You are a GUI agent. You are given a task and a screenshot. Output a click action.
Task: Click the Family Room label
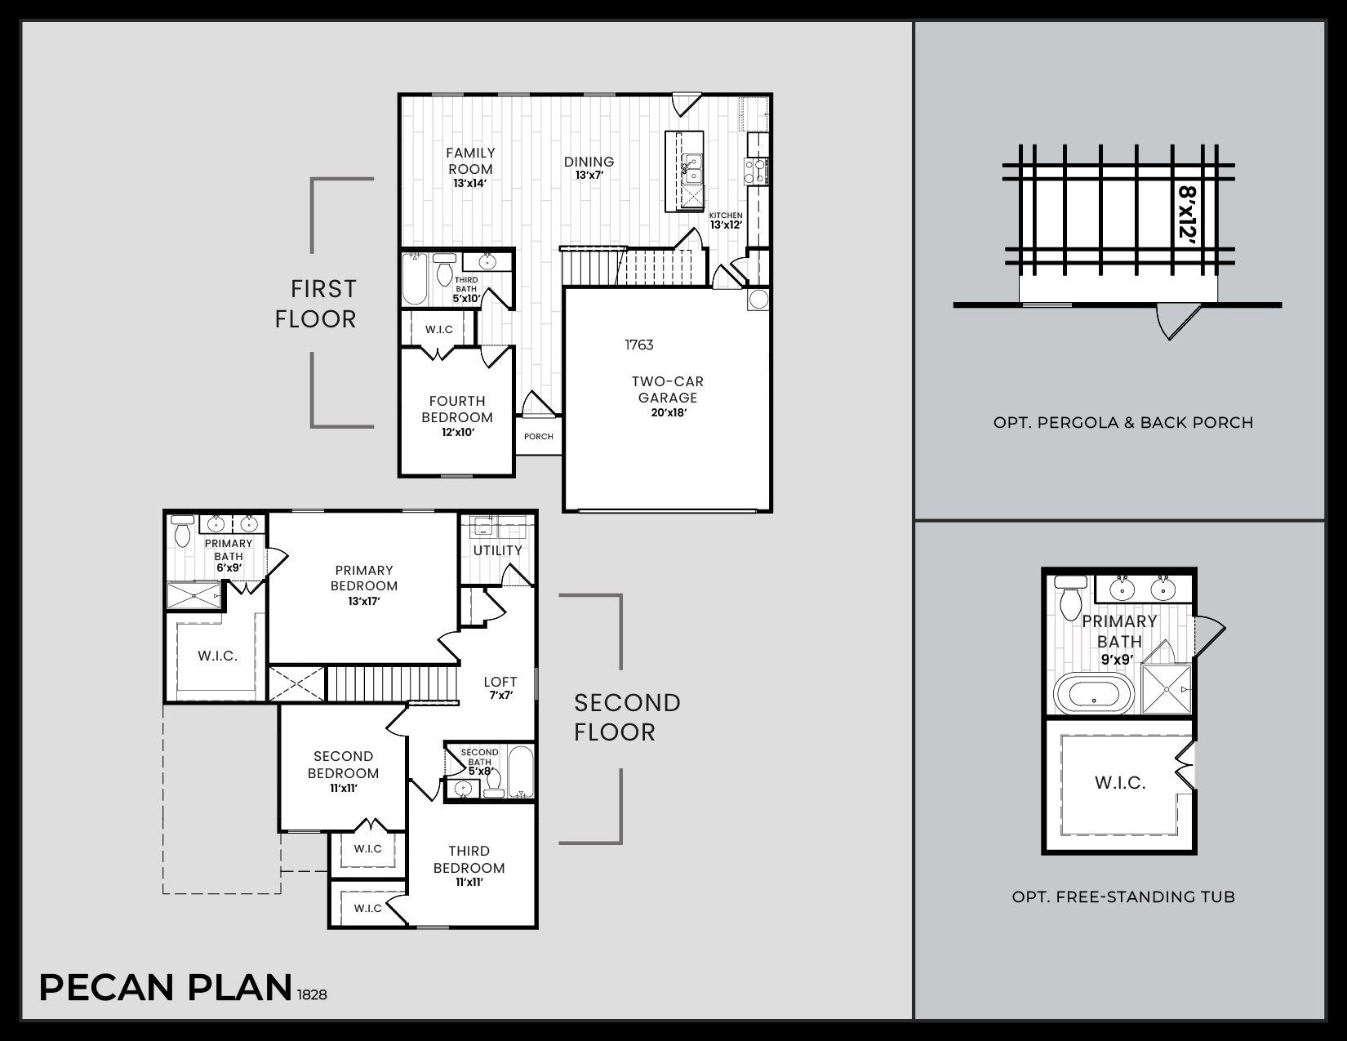pyautogui.click(x=470, y=161)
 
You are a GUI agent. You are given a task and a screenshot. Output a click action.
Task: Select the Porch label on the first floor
pyautogui.click(x=539, y=437)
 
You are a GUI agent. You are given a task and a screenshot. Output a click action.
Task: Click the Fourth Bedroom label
pyautogui.click(x=457, y=409)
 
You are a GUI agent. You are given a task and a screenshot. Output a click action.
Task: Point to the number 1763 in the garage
pyautogui.click(x=639, y=345)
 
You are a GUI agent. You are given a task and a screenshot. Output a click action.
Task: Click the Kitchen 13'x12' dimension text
pyautogui.click(x=725, y=225)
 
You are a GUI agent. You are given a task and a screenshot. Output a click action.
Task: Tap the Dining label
pyautogui.click(x=589, y=162)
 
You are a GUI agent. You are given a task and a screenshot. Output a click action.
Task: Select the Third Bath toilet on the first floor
pyautogui.click(x=444, y=269)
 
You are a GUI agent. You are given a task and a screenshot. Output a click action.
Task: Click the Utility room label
pyautogui.click(x=497, y=550)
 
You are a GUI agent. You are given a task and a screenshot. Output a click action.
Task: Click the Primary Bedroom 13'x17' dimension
pyautogui.click(x=364, y=602)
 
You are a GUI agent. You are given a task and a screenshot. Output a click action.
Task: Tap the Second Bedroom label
pyautogui.click(x=343, y=765)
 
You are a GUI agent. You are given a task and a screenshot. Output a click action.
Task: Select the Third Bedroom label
pyautogui.click(x=469, y=860)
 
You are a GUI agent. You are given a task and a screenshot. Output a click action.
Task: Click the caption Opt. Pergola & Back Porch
pyautogui.click(x=1122, y=423)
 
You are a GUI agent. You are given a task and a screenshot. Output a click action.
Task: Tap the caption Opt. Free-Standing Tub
pyautogui.click(x=1122, y=897)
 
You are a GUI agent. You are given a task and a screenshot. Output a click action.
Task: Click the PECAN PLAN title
pyautogui.click(x=165, y=987)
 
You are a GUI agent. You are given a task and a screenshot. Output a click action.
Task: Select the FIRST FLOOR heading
pyautogui.click(x=316, y=304)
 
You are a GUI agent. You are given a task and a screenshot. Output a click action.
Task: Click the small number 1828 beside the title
pyautogui.click(x=313, y=995)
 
